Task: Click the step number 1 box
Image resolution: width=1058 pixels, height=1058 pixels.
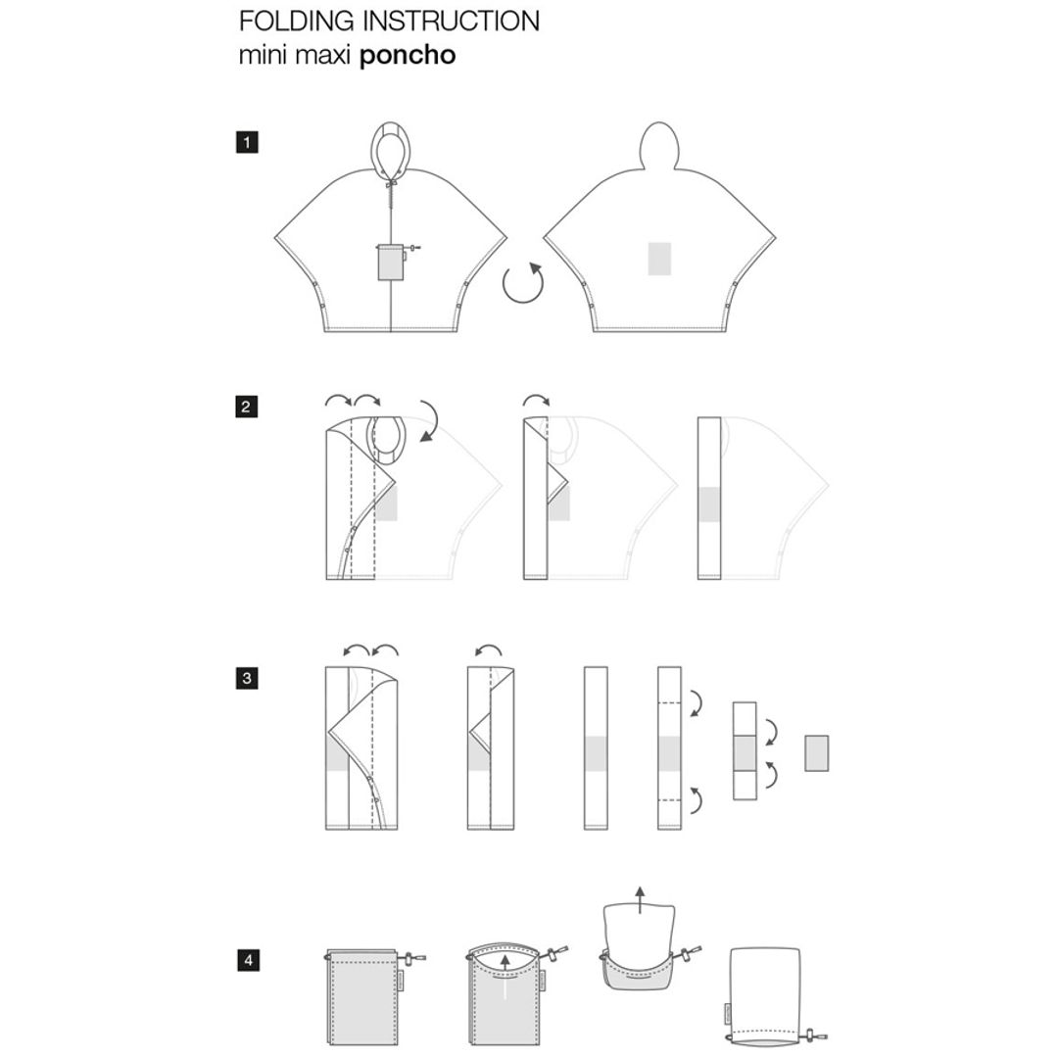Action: tap(247, 142)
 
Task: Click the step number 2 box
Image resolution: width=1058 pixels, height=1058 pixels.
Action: tap(246, 407)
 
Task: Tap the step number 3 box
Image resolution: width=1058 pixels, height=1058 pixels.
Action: tap(247, 678)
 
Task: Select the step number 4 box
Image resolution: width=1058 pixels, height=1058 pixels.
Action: tap(248, 959)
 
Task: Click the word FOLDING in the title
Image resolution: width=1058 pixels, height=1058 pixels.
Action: tap(298, 21)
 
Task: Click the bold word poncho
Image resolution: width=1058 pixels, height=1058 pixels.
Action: tap(408, 55)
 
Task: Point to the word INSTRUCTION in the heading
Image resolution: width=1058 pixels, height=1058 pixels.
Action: tap(452, 21)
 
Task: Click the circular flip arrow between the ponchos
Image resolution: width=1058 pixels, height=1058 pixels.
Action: tap(523, 282)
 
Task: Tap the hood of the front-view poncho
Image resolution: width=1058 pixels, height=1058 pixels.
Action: tap(391, 145)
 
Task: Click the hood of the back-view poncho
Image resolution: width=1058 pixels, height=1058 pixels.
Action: tap(659, 145)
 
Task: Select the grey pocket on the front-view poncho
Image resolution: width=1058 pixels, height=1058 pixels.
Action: tap(391, 263)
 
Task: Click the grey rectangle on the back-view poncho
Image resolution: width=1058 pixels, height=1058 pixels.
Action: tap(659, 259)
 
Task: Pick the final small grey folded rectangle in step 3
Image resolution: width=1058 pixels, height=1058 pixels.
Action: tap(816, 753)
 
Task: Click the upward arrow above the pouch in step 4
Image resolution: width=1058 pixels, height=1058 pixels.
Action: tap(640, 899)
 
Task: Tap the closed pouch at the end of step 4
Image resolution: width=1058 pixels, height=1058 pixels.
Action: tap(766, 994)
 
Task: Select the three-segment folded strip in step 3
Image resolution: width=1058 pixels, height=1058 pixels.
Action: tap(745, 751)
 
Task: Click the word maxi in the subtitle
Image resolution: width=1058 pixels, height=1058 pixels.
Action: tap(321, 55)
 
